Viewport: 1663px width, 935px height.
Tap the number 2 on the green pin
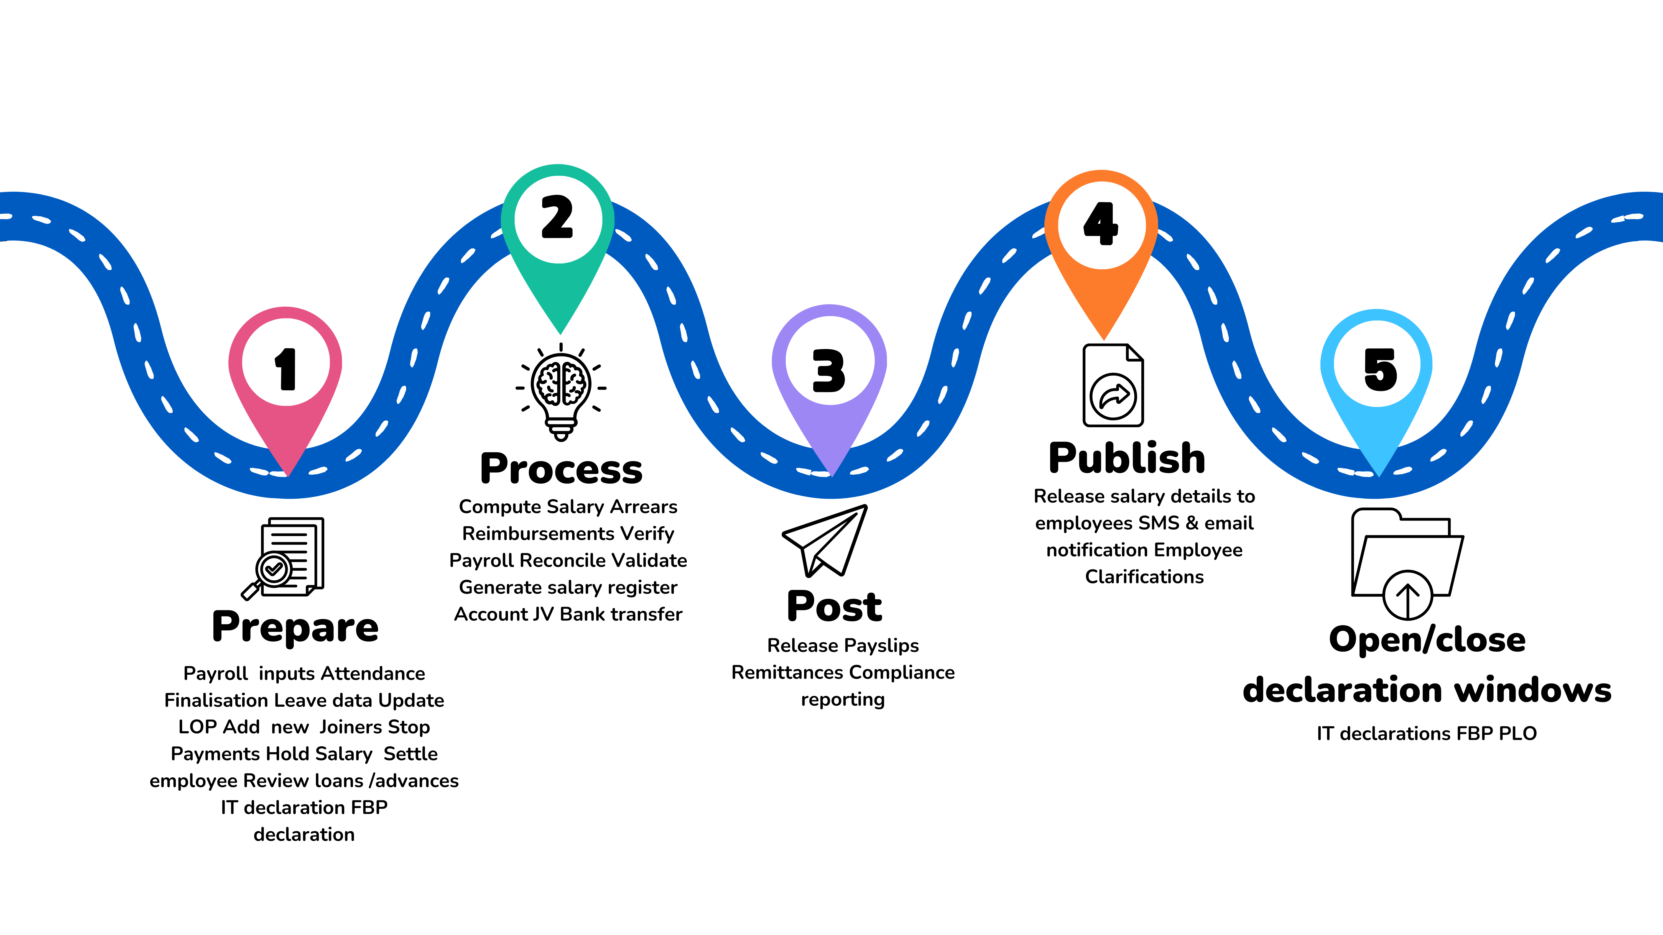(x=557, y=217)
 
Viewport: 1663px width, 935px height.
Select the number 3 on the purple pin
(x=829, y=370)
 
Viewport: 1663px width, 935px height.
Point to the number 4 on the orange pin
(x=1101, y=223)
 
